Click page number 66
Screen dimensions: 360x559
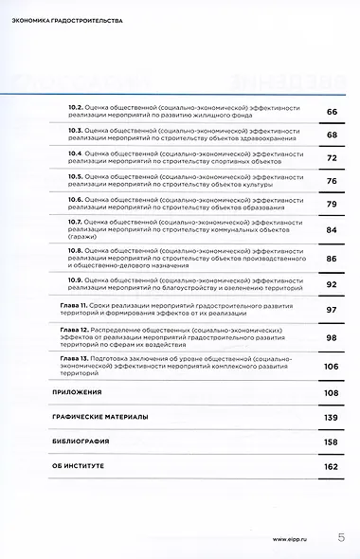[332, 112]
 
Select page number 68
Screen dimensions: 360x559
[332, 135]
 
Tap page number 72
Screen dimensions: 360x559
[332, 157]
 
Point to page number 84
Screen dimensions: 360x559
[332, 229]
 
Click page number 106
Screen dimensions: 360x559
[331, 366]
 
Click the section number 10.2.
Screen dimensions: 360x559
[79, 108]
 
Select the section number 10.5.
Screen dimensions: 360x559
[79, 176]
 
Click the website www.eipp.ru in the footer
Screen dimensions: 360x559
[292, 537]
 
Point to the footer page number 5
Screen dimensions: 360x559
[340, 536]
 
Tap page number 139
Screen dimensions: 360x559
[331, 417]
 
